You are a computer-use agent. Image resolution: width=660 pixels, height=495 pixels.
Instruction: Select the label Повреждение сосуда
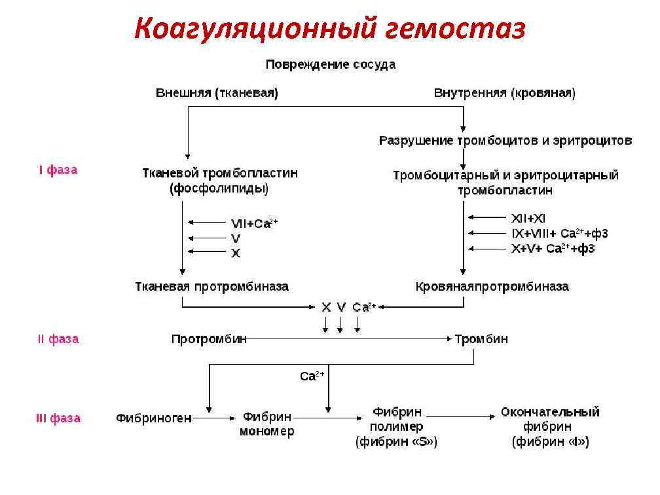330,65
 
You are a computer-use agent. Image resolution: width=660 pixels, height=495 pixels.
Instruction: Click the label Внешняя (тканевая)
217,93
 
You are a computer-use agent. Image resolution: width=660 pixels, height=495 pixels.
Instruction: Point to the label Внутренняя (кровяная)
505,93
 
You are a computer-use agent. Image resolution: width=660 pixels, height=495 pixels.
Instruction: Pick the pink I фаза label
58,170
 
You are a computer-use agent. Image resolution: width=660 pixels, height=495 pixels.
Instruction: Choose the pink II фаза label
58,339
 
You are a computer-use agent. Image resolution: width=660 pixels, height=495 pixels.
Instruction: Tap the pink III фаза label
58,418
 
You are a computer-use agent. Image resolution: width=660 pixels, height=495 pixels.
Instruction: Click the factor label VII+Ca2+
254,223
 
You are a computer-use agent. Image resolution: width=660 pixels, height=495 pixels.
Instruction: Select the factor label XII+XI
528,219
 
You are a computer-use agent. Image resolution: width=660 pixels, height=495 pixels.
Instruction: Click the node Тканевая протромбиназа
211,287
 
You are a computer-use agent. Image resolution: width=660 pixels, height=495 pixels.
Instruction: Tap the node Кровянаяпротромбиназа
492,287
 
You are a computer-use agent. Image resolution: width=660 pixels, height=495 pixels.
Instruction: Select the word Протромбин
210,339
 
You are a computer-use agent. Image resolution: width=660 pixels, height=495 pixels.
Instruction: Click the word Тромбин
481,339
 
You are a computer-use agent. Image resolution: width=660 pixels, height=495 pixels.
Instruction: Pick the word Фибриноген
154,418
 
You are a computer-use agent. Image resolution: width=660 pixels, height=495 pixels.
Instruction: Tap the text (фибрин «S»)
397,443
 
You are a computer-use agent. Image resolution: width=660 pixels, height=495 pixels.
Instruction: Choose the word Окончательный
550,412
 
